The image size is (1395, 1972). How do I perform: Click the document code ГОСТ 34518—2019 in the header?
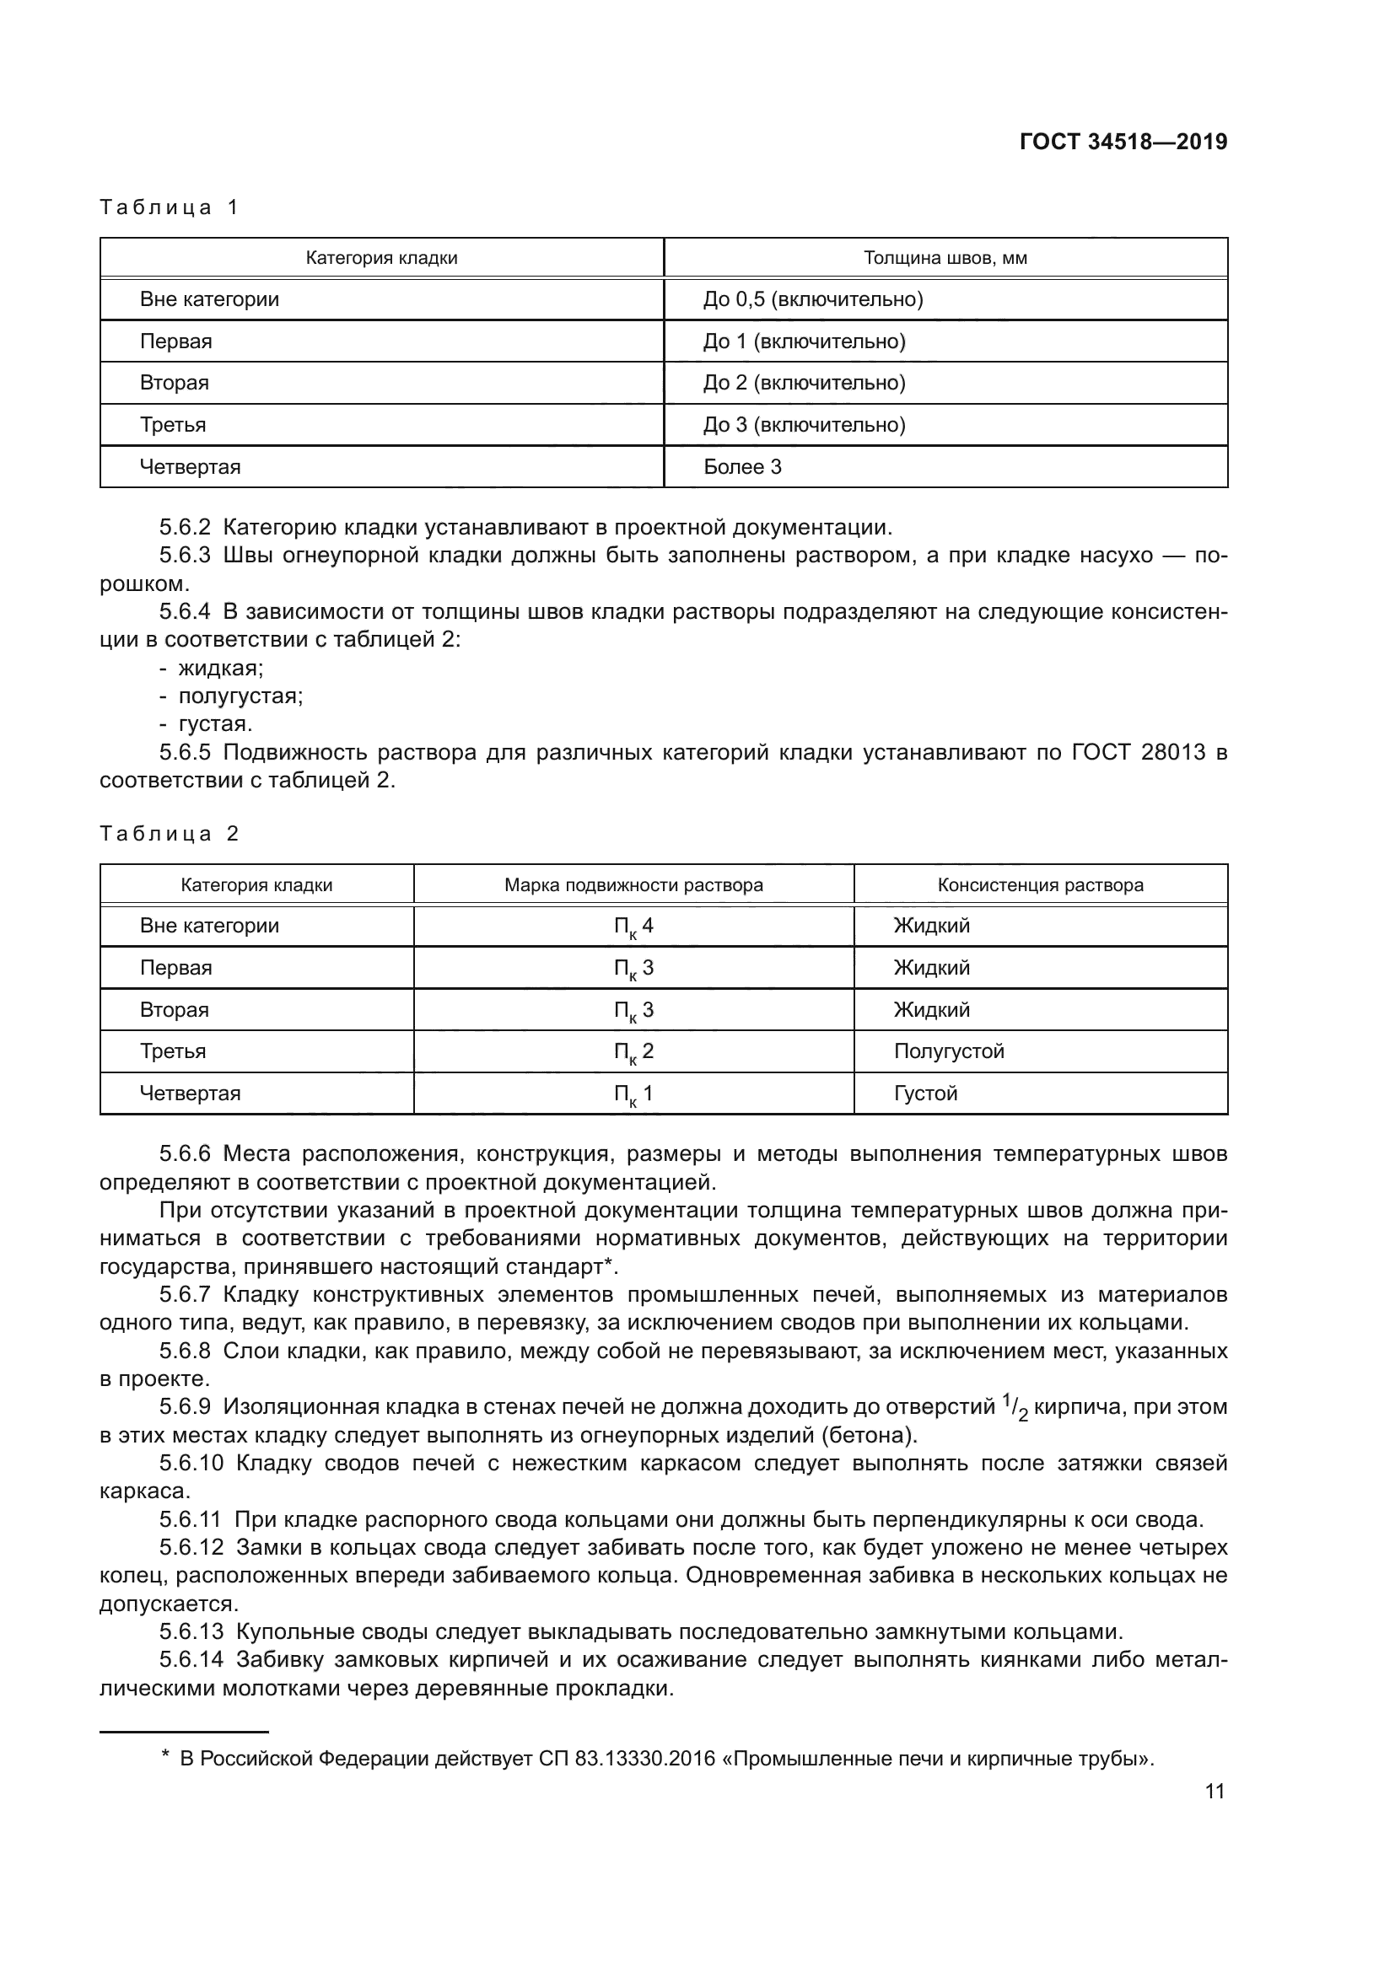click(1123, 142)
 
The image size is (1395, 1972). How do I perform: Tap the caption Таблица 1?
click(170, 207)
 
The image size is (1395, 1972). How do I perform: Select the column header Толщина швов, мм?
click(945, 258)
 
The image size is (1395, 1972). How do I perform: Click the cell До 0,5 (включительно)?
click(812, 300)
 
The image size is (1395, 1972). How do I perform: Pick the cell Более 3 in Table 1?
click(742, 467)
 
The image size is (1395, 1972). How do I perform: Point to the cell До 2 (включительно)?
click(804, 383)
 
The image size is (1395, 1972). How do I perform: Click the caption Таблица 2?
click(170, 833)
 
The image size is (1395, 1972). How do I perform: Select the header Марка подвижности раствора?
click(633, 884)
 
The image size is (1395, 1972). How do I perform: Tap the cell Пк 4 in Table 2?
click(633, 927)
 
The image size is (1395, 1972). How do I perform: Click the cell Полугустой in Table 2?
click(948, 1051)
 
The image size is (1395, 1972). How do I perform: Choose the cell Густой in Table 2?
click(925, 1093)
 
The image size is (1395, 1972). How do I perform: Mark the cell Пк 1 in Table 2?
click(633, 1094)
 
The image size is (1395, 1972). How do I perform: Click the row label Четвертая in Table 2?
click(190, 1093)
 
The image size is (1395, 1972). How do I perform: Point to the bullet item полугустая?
click(240, 696)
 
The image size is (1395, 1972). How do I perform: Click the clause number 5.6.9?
click(185, 1407)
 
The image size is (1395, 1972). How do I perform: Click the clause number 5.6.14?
click(191, 1660)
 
